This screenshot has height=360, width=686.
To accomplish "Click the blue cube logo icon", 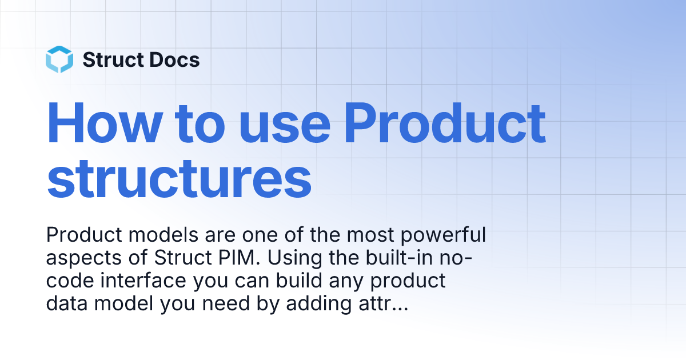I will pyautogui.click(x=59, y=59).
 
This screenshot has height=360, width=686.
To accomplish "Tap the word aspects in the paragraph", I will pyautogui.click(x=78, y=258).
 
